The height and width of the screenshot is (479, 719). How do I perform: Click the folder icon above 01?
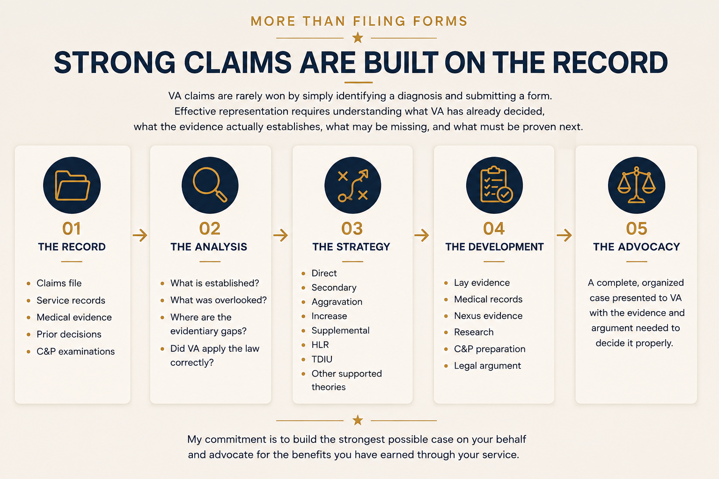(72, 185)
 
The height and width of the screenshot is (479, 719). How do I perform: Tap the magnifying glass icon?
(210, 184)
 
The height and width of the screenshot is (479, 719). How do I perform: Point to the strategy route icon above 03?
(353, 185)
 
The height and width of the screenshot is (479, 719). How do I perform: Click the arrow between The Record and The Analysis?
(140, 235)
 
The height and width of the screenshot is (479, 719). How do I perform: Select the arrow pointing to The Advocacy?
(564, 235)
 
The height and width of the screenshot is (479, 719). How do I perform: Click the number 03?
(352, 228)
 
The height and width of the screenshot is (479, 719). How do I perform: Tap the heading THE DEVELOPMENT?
(494, 247)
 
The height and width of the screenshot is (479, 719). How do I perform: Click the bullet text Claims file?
(59, 283)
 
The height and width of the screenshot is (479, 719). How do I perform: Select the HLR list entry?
(320, 345)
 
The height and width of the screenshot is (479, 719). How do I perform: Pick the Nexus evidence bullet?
(488, 316)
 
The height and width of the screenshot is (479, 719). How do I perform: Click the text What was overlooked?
(219, 300)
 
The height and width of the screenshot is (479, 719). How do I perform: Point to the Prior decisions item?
(69, 334)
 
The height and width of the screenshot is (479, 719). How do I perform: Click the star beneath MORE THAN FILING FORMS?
(358, 38)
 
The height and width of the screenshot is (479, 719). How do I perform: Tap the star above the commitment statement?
(358, 420)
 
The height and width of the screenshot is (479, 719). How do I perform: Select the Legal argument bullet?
(487, 366)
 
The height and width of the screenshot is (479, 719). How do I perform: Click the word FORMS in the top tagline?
(440, 21)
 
